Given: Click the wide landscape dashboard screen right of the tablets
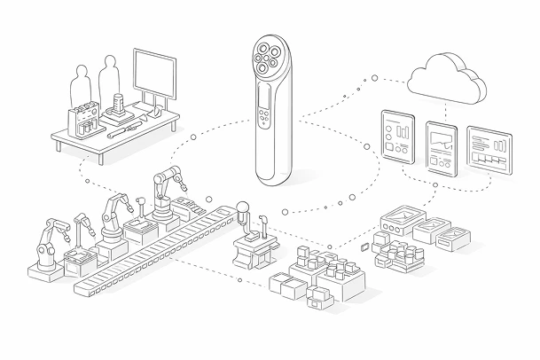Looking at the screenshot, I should (489, 149).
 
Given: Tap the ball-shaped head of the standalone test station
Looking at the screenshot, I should (240, 211).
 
